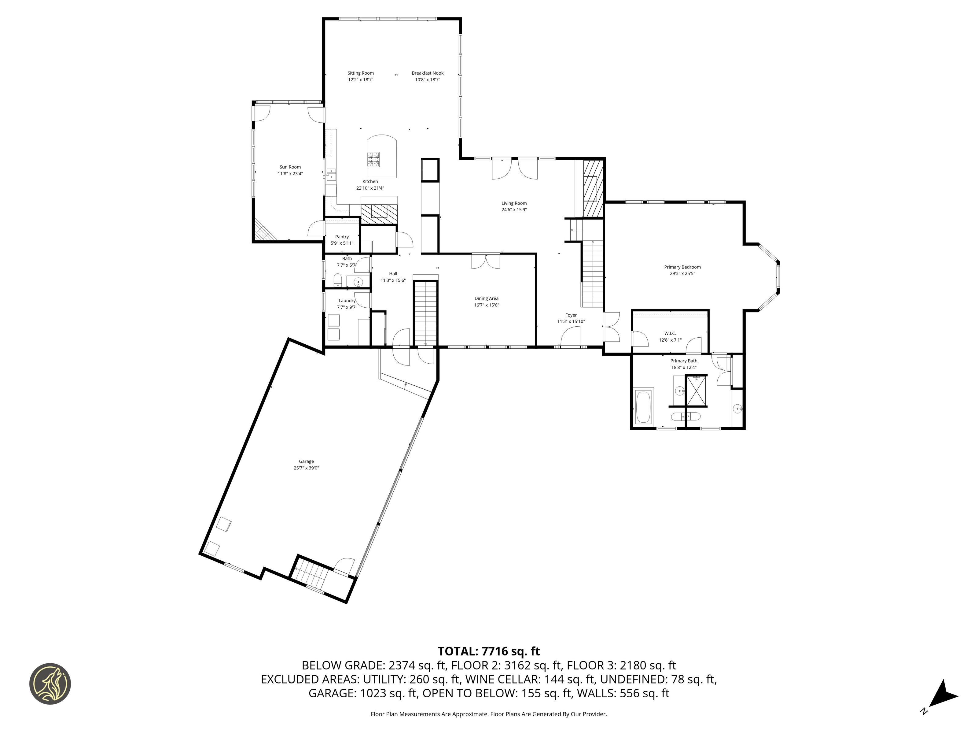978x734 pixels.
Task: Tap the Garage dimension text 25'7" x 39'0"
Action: click(x=307, y=468)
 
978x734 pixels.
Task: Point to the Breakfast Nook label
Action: click(x=428, y=73)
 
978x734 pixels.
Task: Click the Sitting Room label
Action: click(x=360, y=73)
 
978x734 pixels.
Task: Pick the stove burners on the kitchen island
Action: click(x=373, y=159)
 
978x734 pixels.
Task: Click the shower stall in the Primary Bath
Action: click(x=696, y=390)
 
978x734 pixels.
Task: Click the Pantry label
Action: click(x=342, y=237)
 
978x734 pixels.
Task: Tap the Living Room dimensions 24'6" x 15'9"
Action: click(x=514, y=210)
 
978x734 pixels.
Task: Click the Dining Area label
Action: click(x=486, y=298)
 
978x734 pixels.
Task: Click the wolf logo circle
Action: click(x=50, y=684)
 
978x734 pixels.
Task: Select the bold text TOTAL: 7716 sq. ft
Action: click(x=489, y=651)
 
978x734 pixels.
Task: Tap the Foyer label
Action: click(x=571, y=315)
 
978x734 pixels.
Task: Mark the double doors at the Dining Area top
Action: click(x=485, y=261)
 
